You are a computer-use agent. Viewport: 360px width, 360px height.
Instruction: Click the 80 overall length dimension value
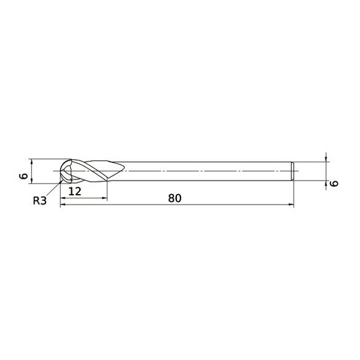175,198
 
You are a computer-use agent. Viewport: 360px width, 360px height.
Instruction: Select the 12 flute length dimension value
76,191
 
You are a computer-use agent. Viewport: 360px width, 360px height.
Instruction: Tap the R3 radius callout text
40,200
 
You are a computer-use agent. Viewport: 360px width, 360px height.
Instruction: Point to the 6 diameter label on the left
23,176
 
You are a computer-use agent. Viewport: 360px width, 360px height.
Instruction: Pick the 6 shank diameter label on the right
334,183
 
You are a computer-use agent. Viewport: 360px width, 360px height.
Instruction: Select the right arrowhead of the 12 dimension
104,198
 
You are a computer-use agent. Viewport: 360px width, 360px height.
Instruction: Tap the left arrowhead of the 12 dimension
63,198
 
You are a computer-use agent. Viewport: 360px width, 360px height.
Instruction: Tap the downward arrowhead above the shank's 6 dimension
326,159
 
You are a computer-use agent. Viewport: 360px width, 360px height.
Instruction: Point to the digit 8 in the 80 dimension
171,198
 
